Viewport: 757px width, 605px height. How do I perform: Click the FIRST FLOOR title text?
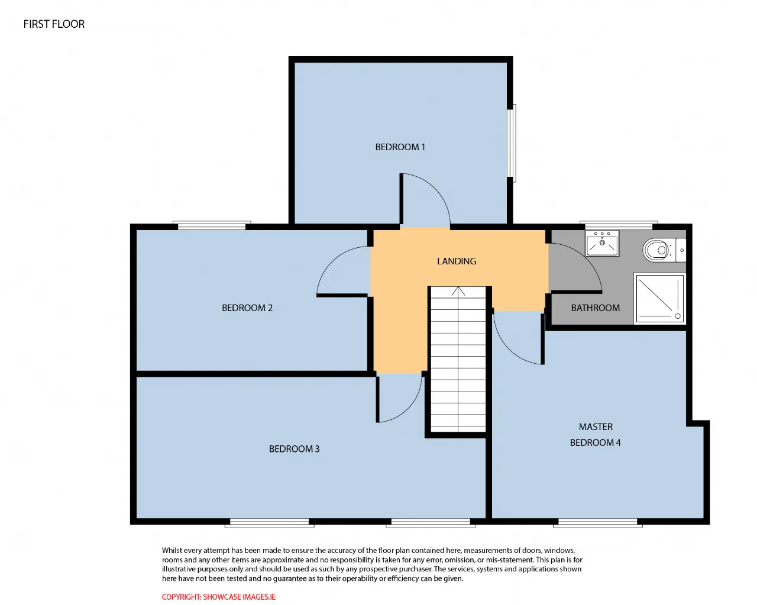point(54,24)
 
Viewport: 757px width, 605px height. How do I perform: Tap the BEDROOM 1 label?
point(400,147)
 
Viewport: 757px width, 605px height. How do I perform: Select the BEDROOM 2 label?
point(247,308)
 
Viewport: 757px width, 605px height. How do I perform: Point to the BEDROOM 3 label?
point(294,449)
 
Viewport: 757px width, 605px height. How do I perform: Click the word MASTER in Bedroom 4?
point(596,426)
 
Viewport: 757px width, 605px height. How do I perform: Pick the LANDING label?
point(457,261)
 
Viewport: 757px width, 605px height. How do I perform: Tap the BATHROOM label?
point(595,308)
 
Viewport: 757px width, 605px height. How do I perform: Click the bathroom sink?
point(602,244)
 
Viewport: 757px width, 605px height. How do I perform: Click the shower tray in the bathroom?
point(659,298)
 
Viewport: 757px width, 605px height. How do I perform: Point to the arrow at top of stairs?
point(458,291)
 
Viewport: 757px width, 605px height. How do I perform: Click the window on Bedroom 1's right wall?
point(512,143)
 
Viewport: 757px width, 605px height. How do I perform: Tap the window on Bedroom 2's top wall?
point(212,225)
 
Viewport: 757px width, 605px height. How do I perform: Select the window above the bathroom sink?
point(619,225)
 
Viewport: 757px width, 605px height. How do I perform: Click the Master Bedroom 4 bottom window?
point(598,523)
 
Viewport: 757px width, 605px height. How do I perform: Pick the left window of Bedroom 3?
point(270,523)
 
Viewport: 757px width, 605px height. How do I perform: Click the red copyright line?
point(218,597)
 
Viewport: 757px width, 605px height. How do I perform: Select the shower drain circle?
point(678,316)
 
